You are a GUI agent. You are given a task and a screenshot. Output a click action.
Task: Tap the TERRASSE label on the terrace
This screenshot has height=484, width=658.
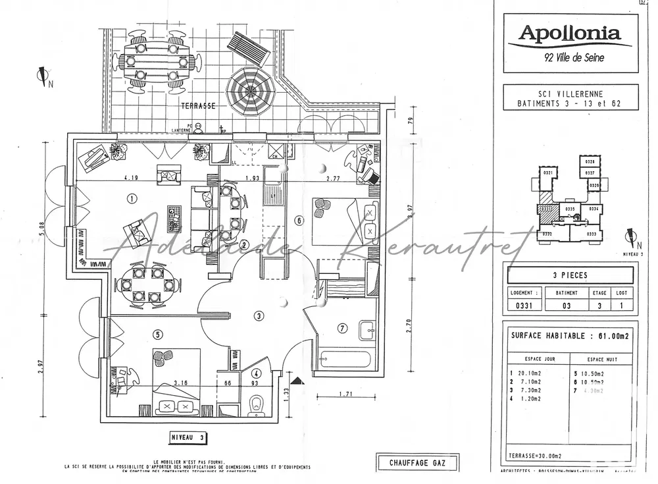pos(202,105)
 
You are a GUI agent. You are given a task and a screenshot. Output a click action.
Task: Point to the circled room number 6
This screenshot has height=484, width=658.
pos(299,221)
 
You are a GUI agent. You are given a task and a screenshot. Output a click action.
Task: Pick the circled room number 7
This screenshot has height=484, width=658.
pos(342,328)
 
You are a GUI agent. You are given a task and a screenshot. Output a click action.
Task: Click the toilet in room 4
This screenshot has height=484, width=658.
pos(259,404)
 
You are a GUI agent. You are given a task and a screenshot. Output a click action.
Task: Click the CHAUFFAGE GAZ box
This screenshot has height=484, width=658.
pos(417,462)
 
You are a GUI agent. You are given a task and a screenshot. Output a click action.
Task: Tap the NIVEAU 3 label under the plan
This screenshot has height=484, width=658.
pos(188,437)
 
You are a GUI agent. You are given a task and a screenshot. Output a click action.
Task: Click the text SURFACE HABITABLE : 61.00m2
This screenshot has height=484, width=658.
pos(569,336)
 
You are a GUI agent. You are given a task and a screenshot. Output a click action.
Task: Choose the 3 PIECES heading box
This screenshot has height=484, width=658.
pos(570,275)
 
